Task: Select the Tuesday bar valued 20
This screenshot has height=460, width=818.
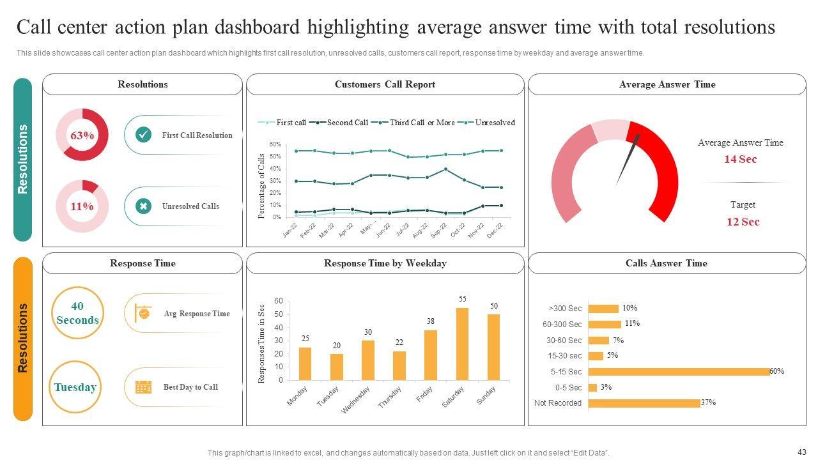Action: click(337, 367)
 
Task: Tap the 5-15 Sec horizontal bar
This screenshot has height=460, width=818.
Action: click(679, 372)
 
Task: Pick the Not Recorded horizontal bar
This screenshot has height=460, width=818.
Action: click(644, 403)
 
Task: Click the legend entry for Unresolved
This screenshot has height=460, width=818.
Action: click(495, 123)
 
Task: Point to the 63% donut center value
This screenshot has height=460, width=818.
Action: click(82, 135)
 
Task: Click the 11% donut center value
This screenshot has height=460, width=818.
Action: click(82, 206)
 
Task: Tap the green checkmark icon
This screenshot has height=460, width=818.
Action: click(144, 135)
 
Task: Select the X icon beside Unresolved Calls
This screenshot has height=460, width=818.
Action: click(144, 206)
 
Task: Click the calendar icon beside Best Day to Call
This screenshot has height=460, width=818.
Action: click(144, 387)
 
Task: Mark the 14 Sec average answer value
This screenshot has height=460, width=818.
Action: click(740, 160)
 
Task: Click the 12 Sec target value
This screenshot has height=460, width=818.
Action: click(743, 222)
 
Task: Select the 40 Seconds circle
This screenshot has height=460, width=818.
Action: click(77, 313)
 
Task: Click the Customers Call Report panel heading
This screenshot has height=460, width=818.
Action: click(385, 84)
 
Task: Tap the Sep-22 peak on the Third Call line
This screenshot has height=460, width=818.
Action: click(445, 169)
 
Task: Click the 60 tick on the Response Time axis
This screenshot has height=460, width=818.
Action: click(279, 301)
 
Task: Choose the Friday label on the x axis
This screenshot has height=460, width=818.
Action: click(425, 395)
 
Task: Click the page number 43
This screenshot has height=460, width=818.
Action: click(803, 451)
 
